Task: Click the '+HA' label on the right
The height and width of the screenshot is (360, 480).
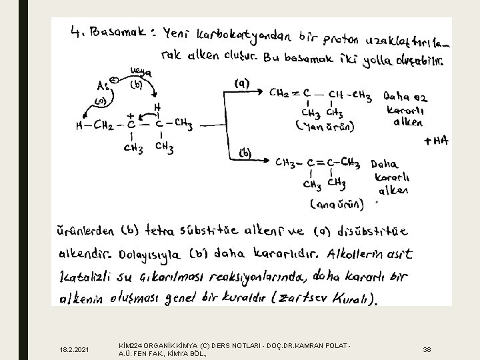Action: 437,141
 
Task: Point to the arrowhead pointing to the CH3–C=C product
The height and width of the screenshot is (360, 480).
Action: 269,161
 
